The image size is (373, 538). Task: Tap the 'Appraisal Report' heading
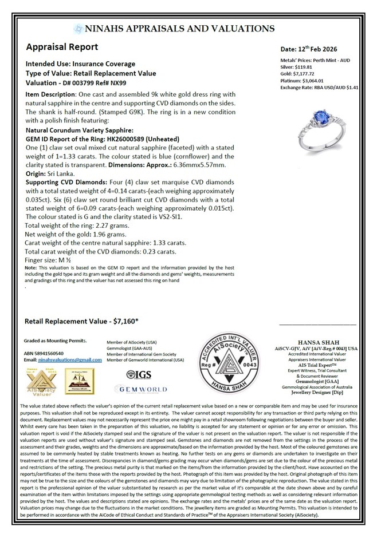point(62,47)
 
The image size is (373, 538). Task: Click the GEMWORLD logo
point(139,389)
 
